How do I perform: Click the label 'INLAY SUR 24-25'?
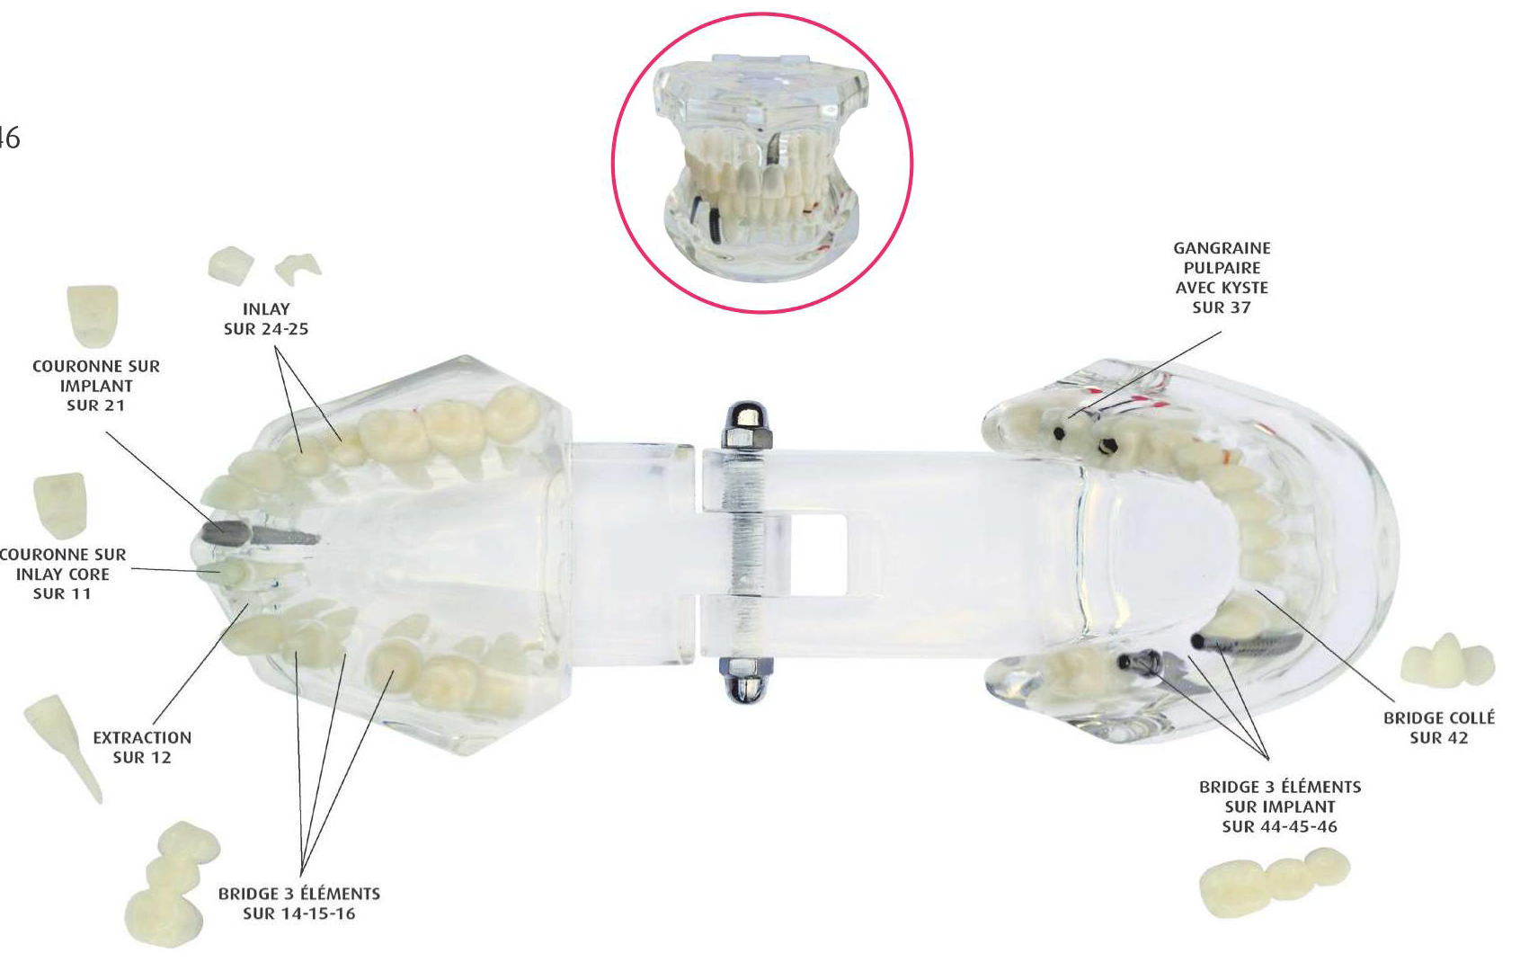click(266, 319)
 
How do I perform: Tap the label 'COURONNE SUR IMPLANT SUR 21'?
click(96, 386)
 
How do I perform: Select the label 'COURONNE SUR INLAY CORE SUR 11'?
click(63, 574)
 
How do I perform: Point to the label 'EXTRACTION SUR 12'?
click(142, 747)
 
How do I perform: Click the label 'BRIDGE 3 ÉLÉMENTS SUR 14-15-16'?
click(299, 904)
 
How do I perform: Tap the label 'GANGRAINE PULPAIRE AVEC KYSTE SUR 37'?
click(1222, 277)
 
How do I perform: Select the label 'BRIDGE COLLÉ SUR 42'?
click(1439, 727)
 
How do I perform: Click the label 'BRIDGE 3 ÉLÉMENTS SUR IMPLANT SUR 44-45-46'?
click(1280, 806)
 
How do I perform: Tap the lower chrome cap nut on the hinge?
click(746, 680)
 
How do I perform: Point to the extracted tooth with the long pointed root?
click(63, 748)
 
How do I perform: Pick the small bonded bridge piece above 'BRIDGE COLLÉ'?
click(1447, 660)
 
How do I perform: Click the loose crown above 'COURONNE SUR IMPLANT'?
click(93, 316)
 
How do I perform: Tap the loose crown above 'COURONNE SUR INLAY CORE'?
click(61, 504)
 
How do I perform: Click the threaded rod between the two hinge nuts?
click(746, 553)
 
